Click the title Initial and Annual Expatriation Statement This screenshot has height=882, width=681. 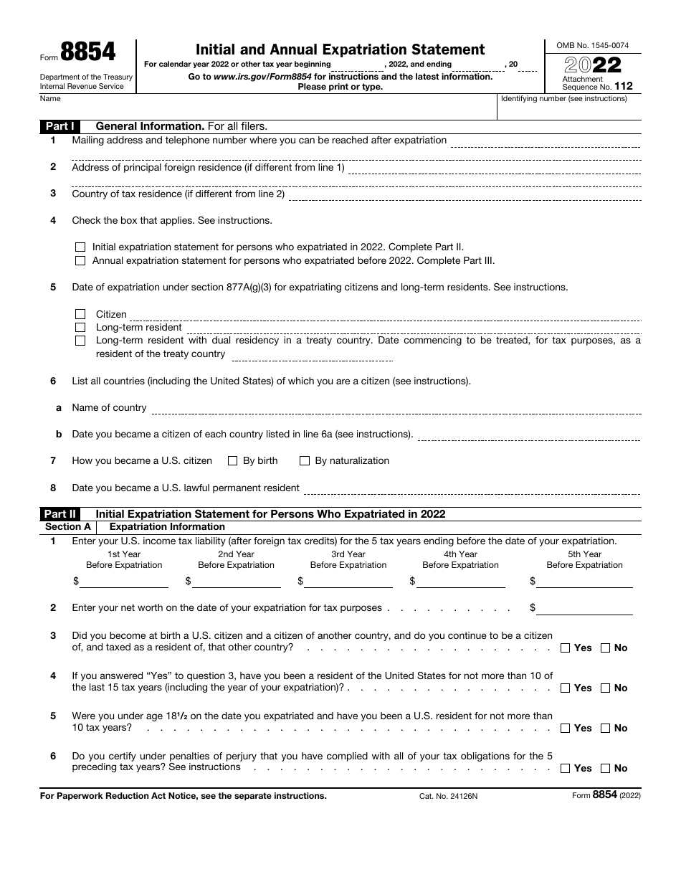point(340,49)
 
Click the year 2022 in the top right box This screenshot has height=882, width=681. point(592,65)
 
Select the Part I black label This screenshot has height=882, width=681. point(61,126)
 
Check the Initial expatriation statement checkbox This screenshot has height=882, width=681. point(80,247)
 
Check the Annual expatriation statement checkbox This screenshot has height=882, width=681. point(80,261)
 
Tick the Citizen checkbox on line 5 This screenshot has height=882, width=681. point(80,315)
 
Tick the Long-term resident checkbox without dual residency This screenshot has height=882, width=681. point(80,328)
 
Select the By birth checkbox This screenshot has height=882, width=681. point(232,461)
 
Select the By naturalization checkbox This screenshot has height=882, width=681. point(305,461)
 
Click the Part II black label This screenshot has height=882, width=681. point(61,514)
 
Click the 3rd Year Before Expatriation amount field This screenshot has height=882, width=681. point(348,582)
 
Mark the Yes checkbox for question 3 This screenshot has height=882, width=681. point(565,648)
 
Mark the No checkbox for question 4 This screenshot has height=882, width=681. point(605,688)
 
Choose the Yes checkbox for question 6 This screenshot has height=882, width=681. point(565,769)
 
